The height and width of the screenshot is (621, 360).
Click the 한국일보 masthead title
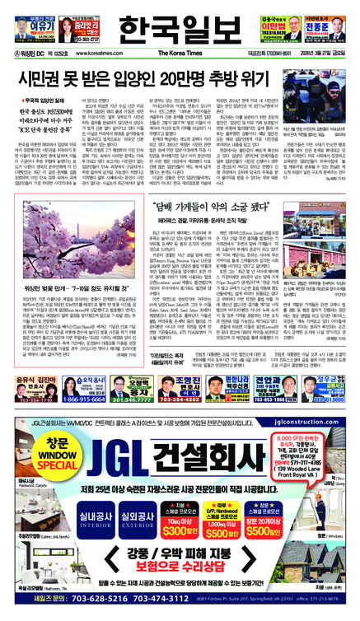click(x=180, y=30)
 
